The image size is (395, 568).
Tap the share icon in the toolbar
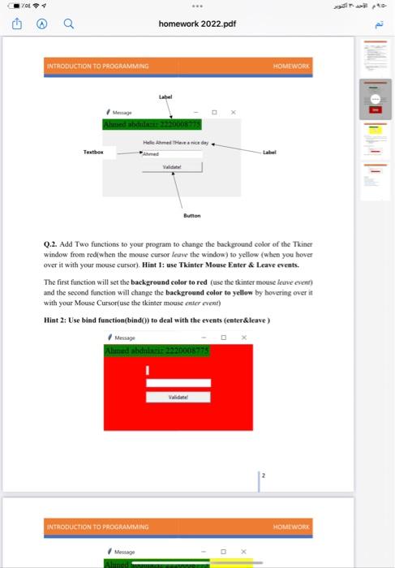pos(15,24)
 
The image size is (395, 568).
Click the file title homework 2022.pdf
pos(197,24)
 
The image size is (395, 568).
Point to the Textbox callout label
pos(94,151)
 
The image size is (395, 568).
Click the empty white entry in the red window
pos(178,383)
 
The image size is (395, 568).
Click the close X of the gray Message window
pos(232,112)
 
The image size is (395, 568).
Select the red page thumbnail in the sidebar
pos(374,101)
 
